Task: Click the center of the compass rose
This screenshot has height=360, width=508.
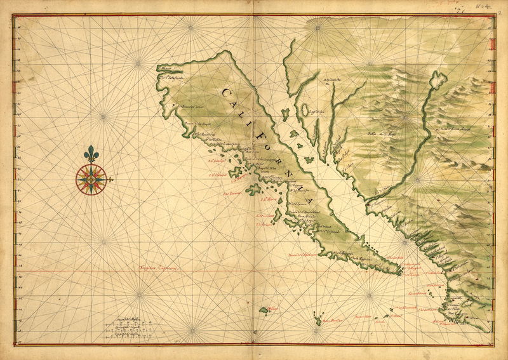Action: tap(91, 180)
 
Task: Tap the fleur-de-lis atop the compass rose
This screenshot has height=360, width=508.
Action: tap(91, 156)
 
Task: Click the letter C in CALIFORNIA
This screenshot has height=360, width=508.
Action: tap(226, 93)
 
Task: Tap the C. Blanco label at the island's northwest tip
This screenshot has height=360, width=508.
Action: tap(166, 69)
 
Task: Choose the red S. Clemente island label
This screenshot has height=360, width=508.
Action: tap(264, 223)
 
